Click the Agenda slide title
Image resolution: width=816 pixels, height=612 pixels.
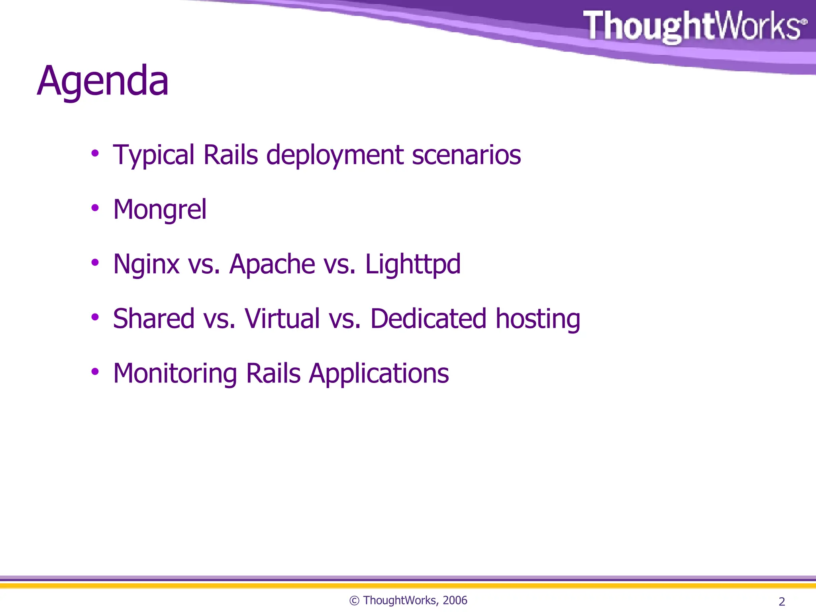point(103,82)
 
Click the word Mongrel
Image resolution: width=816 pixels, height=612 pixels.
point(160,210)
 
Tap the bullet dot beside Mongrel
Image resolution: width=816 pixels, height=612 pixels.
point(95,208)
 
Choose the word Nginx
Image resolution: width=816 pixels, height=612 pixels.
point(146,265)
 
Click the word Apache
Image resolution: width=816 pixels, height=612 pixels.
point(272,264)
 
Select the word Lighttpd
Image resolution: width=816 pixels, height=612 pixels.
point(413,265)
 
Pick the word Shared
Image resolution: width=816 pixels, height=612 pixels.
point(153,319)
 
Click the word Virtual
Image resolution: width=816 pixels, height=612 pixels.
point(282,319)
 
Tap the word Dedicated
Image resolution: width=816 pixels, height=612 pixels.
point(428,319)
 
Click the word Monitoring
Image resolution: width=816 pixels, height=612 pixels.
point(175,374)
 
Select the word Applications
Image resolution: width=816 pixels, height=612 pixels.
point(379,374)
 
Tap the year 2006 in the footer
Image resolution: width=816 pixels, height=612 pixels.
point(455,600)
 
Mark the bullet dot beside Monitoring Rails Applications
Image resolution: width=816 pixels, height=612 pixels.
point(95,372)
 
